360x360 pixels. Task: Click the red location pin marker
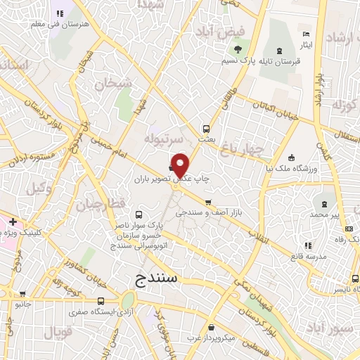[x=181, y=164]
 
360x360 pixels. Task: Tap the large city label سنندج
[x=158, y=278]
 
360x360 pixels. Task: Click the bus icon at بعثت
[x=206, y=129]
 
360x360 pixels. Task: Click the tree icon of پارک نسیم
[x=236, y=50]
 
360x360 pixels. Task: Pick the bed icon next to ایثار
[x=305, y=34]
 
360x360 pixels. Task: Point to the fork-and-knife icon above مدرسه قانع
[x=307, y=245]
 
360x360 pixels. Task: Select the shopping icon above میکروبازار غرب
[x=211, y=327]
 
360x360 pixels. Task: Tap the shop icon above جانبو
[x=22, y=295]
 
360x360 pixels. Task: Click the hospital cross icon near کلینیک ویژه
[x=13, y=222]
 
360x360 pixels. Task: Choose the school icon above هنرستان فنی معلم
[x=58, y=13]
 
